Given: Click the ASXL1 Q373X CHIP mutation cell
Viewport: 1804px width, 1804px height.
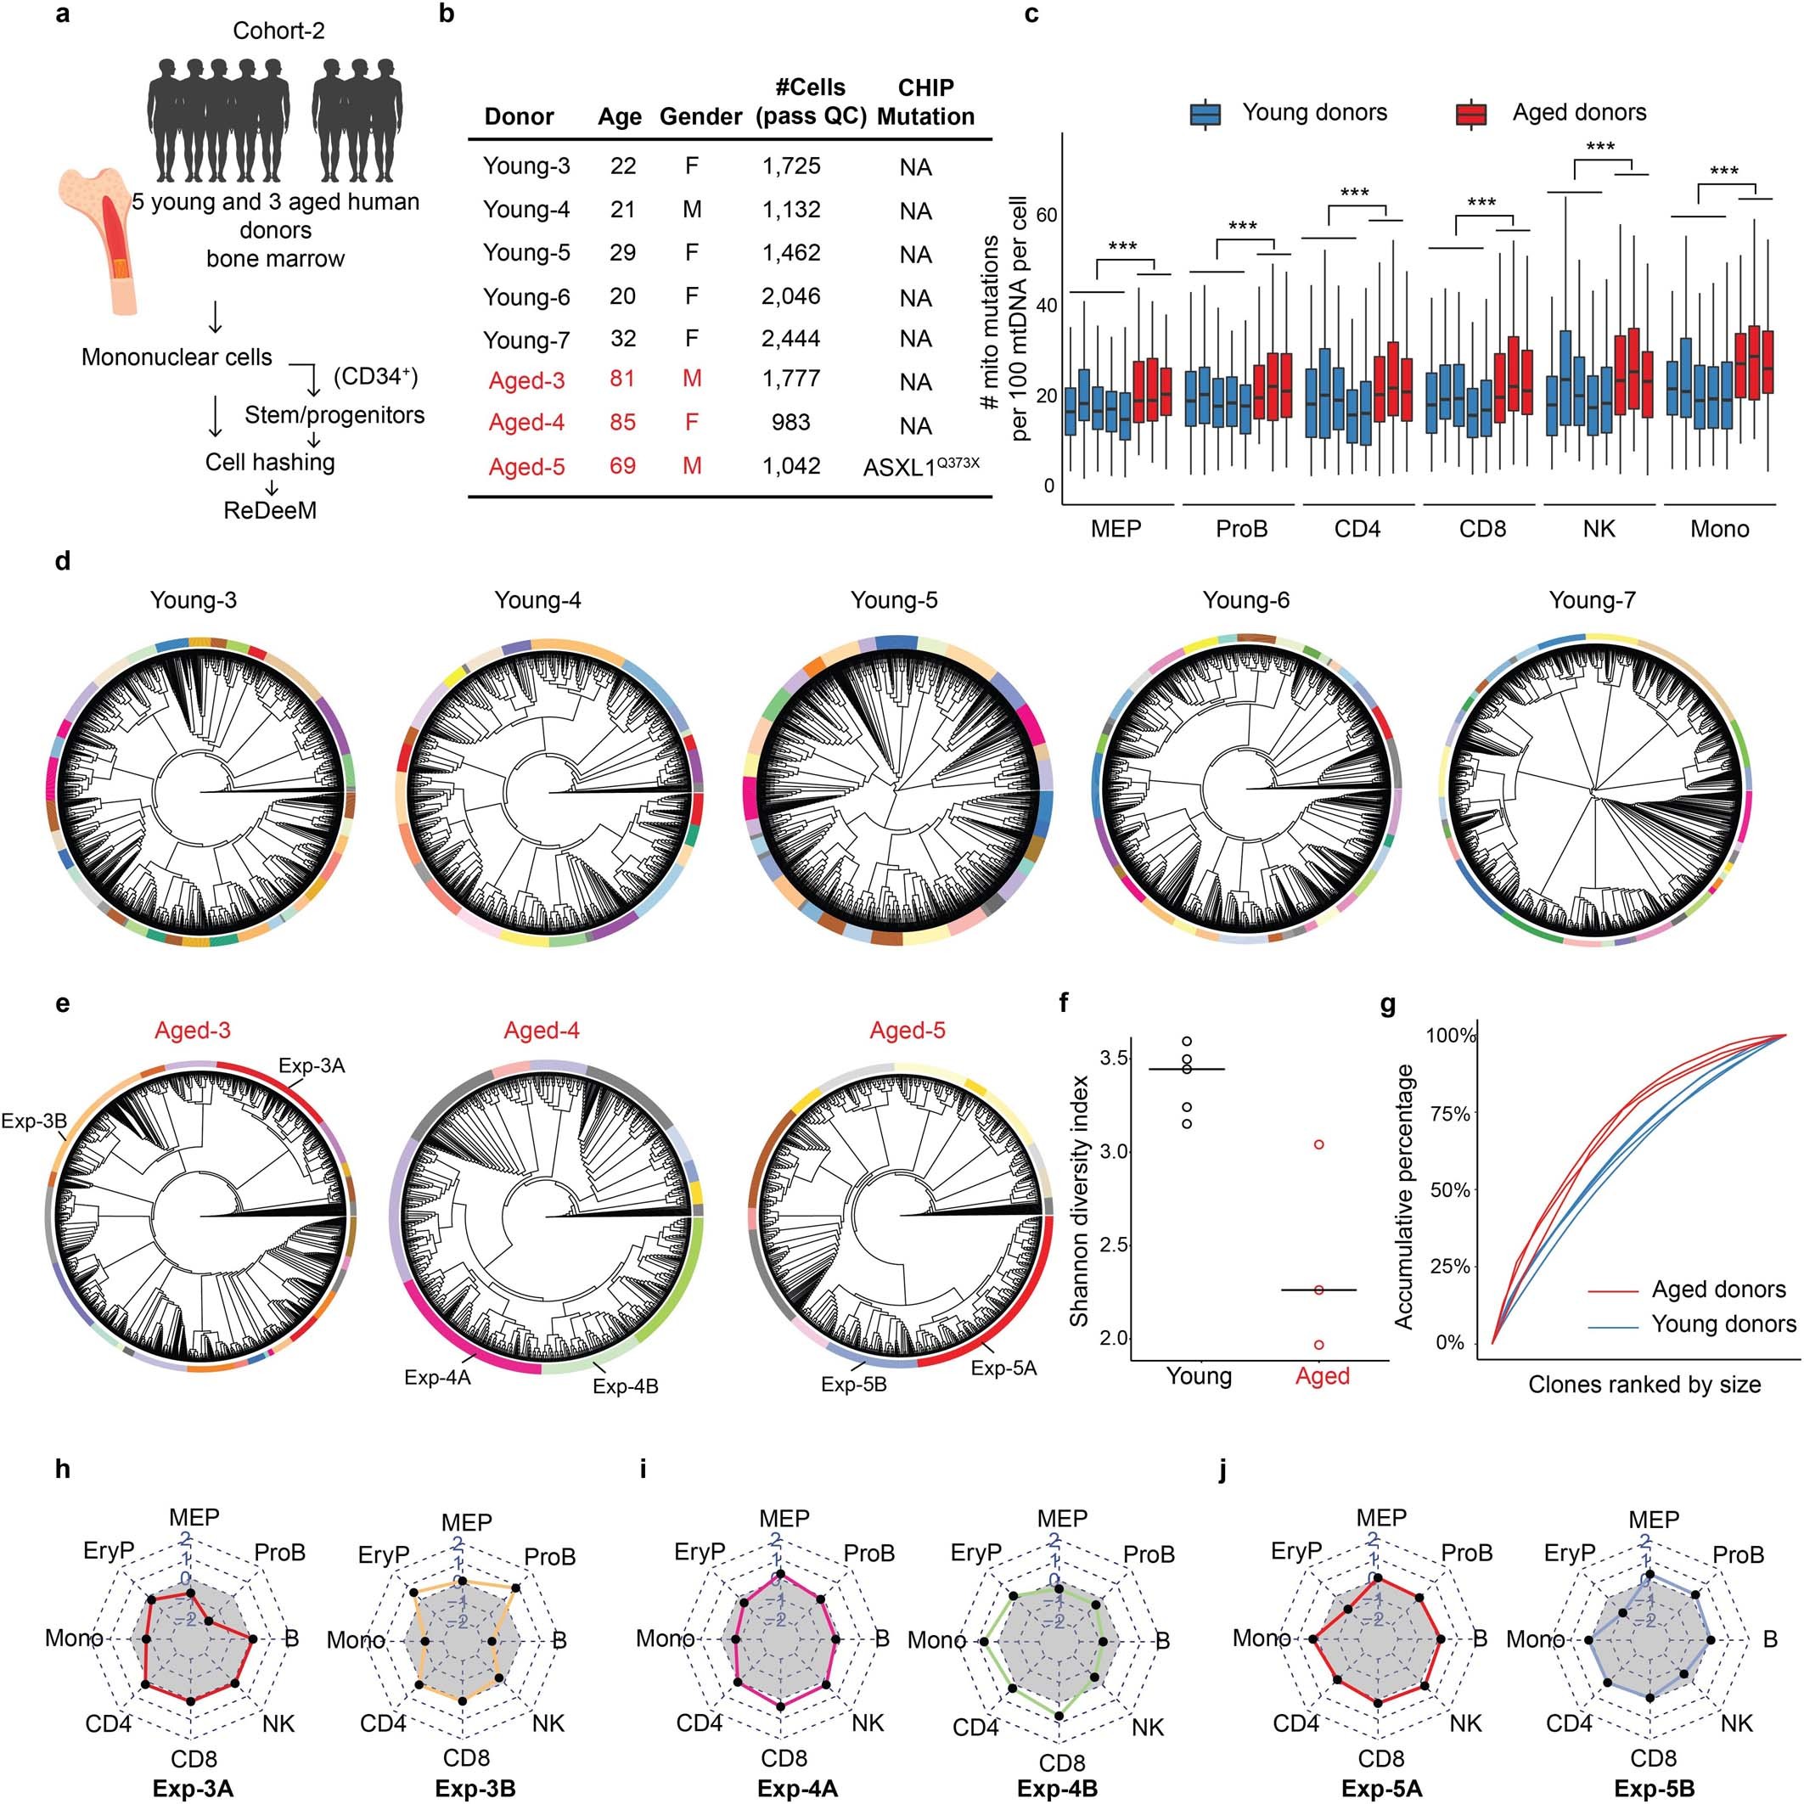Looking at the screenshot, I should tap(920, 466).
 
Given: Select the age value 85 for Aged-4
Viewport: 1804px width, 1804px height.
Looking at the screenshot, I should tap(622, 422).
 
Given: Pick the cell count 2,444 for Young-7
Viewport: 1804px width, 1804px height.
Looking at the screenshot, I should tap(790, 339).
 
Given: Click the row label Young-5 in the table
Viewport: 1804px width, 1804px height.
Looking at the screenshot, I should tap(525, 252).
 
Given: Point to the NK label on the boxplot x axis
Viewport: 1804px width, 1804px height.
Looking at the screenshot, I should tap(1599, 530).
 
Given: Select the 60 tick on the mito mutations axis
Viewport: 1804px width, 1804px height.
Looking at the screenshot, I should tap(1046, 215).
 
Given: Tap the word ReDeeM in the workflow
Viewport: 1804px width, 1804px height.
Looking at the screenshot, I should tap(270, 511).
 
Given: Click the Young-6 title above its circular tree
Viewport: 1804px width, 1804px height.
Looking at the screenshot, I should tap(1245, 600).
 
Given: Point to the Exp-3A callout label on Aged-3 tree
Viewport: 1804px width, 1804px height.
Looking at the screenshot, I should tap(312, 1065).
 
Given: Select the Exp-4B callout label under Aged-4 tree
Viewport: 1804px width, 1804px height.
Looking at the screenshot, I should tap(625, 1386).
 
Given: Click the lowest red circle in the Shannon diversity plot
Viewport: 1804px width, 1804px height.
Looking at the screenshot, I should tap(1318, 1345).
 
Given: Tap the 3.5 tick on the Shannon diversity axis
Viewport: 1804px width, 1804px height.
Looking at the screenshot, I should tap(1113, 1058).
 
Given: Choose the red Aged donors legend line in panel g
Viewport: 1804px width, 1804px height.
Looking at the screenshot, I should tap(1613, 1290).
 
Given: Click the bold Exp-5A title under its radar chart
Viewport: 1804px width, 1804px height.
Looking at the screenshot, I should tap(1381, 1788).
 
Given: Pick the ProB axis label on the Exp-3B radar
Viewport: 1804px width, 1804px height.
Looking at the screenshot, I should tap(549, 1558).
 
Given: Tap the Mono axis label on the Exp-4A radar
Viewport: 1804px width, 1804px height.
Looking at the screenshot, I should tap(665, 1638).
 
